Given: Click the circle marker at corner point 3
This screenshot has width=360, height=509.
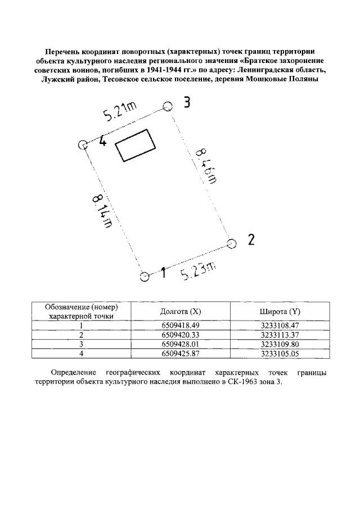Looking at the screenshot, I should tap(167, 106).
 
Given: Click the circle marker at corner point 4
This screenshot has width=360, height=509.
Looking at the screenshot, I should tap(83, 145).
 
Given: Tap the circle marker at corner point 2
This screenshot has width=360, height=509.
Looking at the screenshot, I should tap(231, 243).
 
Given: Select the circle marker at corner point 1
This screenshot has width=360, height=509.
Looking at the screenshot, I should tap(144, 276).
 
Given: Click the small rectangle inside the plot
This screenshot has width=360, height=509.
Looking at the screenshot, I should tap(135, 145).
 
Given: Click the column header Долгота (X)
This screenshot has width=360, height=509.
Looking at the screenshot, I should tap(180, 312).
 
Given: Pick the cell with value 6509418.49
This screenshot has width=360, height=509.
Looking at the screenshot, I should tap(180, 326).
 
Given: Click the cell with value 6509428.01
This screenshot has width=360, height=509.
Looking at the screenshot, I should tap(180, 344).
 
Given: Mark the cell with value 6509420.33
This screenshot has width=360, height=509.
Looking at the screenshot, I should tap(180, 335).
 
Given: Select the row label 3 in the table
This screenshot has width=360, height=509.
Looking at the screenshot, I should tap(82, 344).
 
